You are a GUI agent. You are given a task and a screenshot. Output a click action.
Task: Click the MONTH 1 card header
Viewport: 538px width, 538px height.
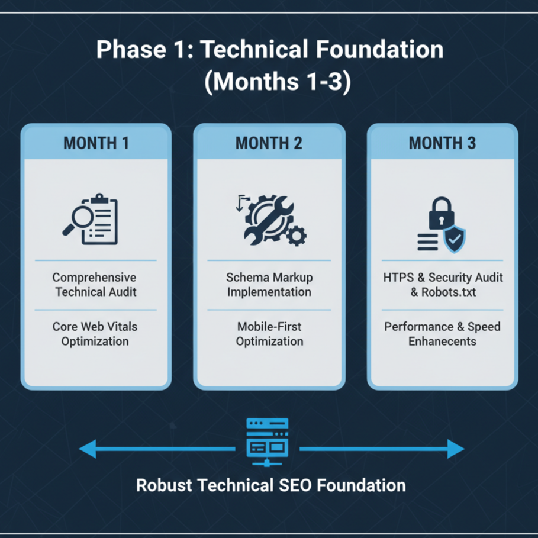pyautogui.click(x=96, y=143)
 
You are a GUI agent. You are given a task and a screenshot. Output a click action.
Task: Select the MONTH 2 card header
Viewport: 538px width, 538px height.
pyautogui.click(x=269, y=143)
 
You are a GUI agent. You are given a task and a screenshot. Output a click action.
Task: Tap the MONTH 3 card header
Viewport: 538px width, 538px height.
pyautogui.click(x=442, y=143)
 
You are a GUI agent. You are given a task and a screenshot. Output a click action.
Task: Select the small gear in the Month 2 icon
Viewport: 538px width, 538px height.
pyautogui.click(x=295, y=237)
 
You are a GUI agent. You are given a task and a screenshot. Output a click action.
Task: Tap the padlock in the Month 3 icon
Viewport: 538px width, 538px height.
pyautogui.click(x=440, y=214)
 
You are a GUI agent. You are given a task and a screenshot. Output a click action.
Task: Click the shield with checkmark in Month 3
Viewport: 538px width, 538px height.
pyautogui.click(x=455, y=239)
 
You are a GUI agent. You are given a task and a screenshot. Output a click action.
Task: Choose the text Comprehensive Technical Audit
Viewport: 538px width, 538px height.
pyautogui.click(x=95, y=284)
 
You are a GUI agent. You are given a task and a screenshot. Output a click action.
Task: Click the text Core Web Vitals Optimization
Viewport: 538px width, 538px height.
pyautogui.click(x=95, y=334)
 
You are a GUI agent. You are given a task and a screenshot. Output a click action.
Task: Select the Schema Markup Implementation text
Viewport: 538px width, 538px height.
pyautogui.click(x=269, y=284)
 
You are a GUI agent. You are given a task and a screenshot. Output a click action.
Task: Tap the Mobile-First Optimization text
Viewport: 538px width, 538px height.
pyautogui.click(x=269, y=334)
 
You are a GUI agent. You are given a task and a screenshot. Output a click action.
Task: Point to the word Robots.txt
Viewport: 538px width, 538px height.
pyautogui.click(x=449, y=292)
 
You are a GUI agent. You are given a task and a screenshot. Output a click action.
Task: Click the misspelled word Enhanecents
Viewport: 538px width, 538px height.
pyautogui.click(x=442, y=342)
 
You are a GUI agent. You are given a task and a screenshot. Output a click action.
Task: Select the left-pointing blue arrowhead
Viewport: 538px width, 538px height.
pyautogui.click(x=88, y=449)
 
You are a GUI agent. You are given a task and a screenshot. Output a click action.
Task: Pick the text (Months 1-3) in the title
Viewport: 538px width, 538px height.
pyautogui.click(x=277, y=82)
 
